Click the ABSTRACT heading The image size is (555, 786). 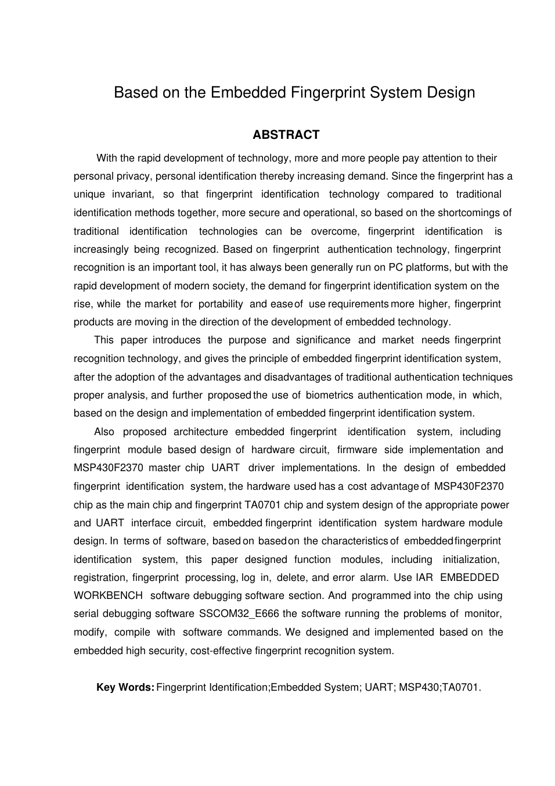(x=286, y=135)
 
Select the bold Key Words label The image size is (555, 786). (x=125, y=687)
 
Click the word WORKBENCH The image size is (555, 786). (x=108, y=595)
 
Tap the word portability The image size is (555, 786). (x=221, y=304)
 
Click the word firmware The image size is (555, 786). (x=356, y=450)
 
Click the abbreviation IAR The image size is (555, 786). (x=424, y=577)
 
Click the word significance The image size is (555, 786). (x=323, y=340)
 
